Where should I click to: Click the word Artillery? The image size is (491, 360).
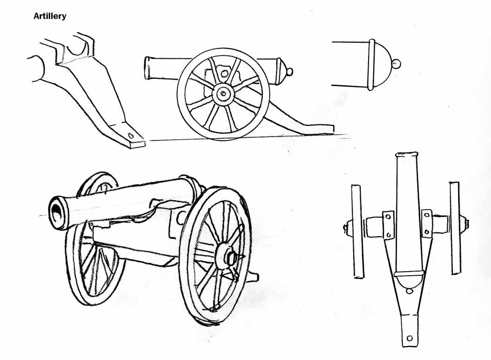click(x=50, y=16)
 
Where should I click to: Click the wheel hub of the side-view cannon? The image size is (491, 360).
click(x=222, y=93)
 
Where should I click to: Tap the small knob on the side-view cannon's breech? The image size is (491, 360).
click(x=289, y=72)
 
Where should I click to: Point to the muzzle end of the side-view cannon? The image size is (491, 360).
click(x=147, y=68)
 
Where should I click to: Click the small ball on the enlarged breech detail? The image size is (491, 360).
click(x=397, y=64)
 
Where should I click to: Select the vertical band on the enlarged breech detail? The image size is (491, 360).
click(x=372, y=65)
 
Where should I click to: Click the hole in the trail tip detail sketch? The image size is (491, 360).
click(x=131, y=136)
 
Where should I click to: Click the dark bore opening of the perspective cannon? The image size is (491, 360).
click(x=58, y=215)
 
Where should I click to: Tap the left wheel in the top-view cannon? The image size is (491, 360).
click(x=357, y=231)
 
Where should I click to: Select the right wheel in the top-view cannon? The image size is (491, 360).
click(x=456, y=228)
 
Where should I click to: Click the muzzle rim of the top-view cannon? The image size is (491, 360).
click(x=406, y=155)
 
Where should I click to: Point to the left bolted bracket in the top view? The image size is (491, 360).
click(x=388, y=225)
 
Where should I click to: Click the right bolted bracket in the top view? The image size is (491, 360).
click(x=426, y=224)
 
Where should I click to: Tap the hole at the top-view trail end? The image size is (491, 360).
click(x=409, y=339)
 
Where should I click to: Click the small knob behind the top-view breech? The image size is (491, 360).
click(x=409, y=292)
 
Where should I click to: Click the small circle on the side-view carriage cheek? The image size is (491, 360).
click(x=224, y=74)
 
